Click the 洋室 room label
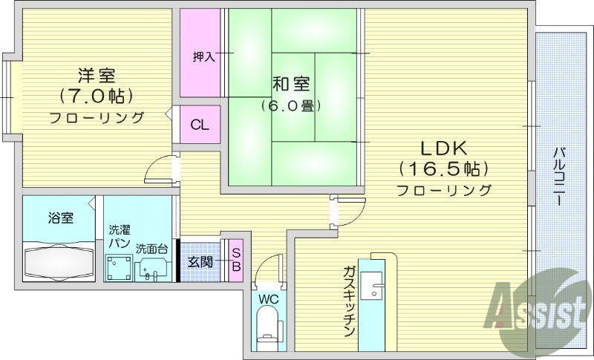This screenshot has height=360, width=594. pyautogui.click(x=97, y=75)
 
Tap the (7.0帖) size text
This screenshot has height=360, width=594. pyautogui.click(x=97, y=96)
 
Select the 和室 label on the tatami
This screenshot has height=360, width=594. pyautogui.click(x=291, y=83)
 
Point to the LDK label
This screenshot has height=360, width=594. pyautogui.click(x=444, y=145)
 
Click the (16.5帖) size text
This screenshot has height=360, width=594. pyautogui.click(x=444, y=167)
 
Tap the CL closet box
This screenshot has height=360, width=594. pyautogui.click(x=199, y=125)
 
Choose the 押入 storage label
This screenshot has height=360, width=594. pyautogui.click(x=203, y=56)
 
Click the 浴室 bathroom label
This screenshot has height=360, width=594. pyautogui.click(x=60, y=218)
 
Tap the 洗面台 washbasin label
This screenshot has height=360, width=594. pyautogui.click(x=151, y=248)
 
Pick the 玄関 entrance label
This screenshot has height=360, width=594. pyautogui.click(x=200, y=262)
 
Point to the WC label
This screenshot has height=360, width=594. pyautogui.click(x=268, y=299)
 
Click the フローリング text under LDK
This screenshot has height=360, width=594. pyautogui.click(x=444, y=191)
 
